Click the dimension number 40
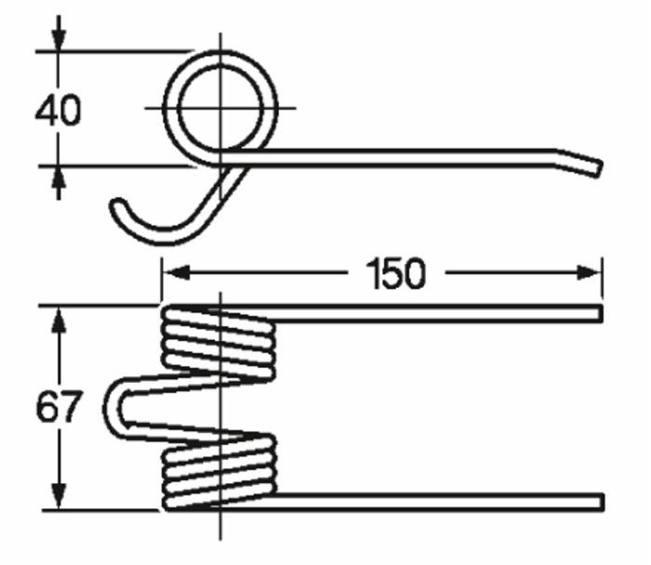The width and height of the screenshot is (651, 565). (58, 111)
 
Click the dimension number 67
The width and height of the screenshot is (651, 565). (59, 408)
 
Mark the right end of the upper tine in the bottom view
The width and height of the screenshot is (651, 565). (597, 314)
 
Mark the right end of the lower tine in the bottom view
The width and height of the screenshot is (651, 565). (597, 502)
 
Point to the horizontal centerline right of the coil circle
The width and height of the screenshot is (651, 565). (284, 108)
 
